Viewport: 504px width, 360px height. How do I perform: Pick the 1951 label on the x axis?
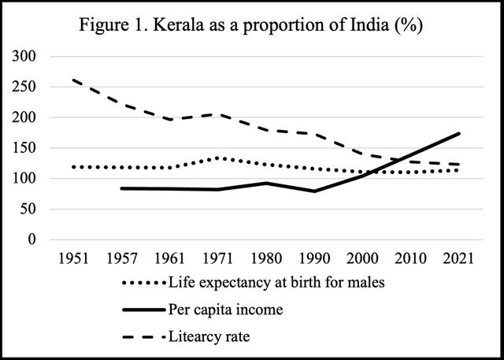click(74, 260)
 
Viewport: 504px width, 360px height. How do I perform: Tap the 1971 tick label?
click(216, 260)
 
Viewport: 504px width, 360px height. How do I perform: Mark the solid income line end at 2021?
click(460, 133)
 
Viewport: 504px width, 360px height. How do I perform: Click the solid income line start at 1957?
click(121, 188)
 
